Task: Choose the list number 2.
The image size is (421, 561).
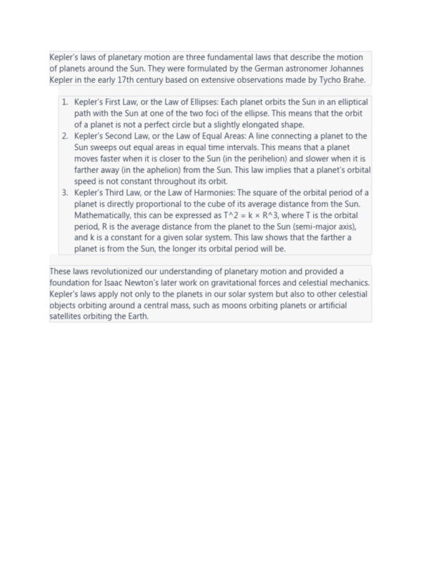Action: (x=65, y=136)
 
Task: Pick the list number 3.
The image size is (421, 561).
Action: (x=65, y=192)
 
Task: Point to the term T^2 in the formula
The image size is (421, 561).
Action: (x=232, y=215)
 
